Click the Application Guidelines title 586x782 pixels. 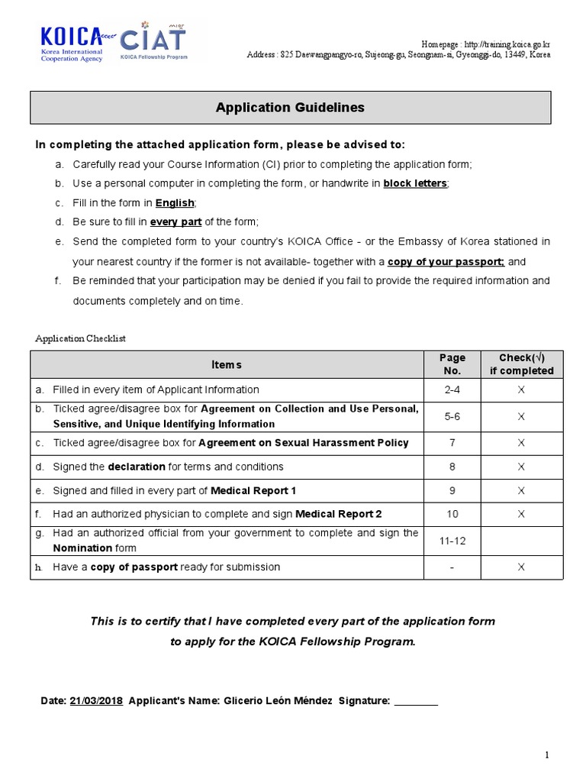tap(290, 108)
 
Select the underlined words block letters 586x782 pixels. tap(415, 183)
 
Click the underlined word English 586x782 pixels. tap(175, 202)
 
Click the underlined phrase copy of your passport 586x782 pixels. tap(446, 261)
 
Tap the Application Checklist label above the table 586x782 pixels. tap(80, 338)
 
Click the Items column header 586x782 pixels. tap(227, 365)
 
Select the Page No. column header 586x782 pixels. tap(452, 364)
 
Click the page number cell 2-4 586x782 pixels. tap(452, 389)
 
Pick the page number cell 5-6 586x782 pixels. tap(452, 416)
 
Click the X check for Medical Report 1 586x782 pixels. tap(521, 490)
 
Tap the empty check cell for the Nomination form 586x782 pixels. tap(521, 540)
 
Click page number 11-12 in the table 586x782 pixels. tap(452, 540)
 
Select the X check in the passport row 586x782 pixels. tap(521, 567)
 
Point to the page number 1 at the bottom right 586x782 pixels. tap(546, 755)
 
